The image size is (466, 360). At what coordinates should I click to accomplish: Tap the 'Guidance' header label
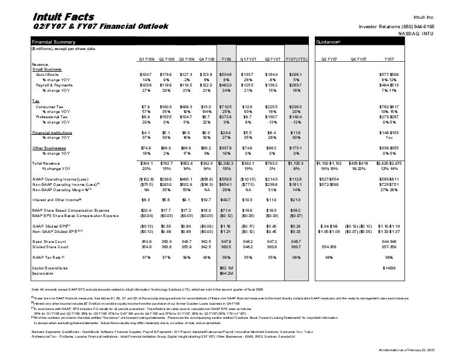pyautogui.click(x=328, y=42)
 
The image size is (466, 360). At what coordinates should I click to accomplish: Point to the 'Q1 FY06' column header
pyautogui.click(x=147, y=59)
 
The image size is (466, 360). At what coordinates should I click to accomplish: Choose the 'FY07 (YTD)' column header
pyautogui.click(x=295, y=59)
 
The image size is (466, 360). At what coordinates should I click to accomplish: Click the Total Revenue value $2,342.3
pyautogui.click(x=225, y=162)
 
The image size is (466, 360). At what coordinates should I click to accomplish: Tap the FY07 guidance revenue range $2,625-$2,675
pyautogui.click(x=390, y=162)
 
